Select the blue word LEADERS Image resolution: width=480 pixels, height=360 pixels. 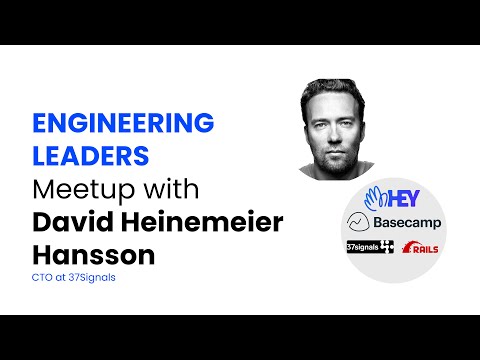[93, 157]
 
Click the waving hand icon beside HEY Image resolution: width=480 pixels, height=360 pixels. [375, 196]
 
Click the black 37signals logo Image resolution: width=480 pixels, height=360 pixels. [368, 246]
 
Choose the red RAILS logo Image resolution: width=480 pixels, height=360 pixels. [419, 247]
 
